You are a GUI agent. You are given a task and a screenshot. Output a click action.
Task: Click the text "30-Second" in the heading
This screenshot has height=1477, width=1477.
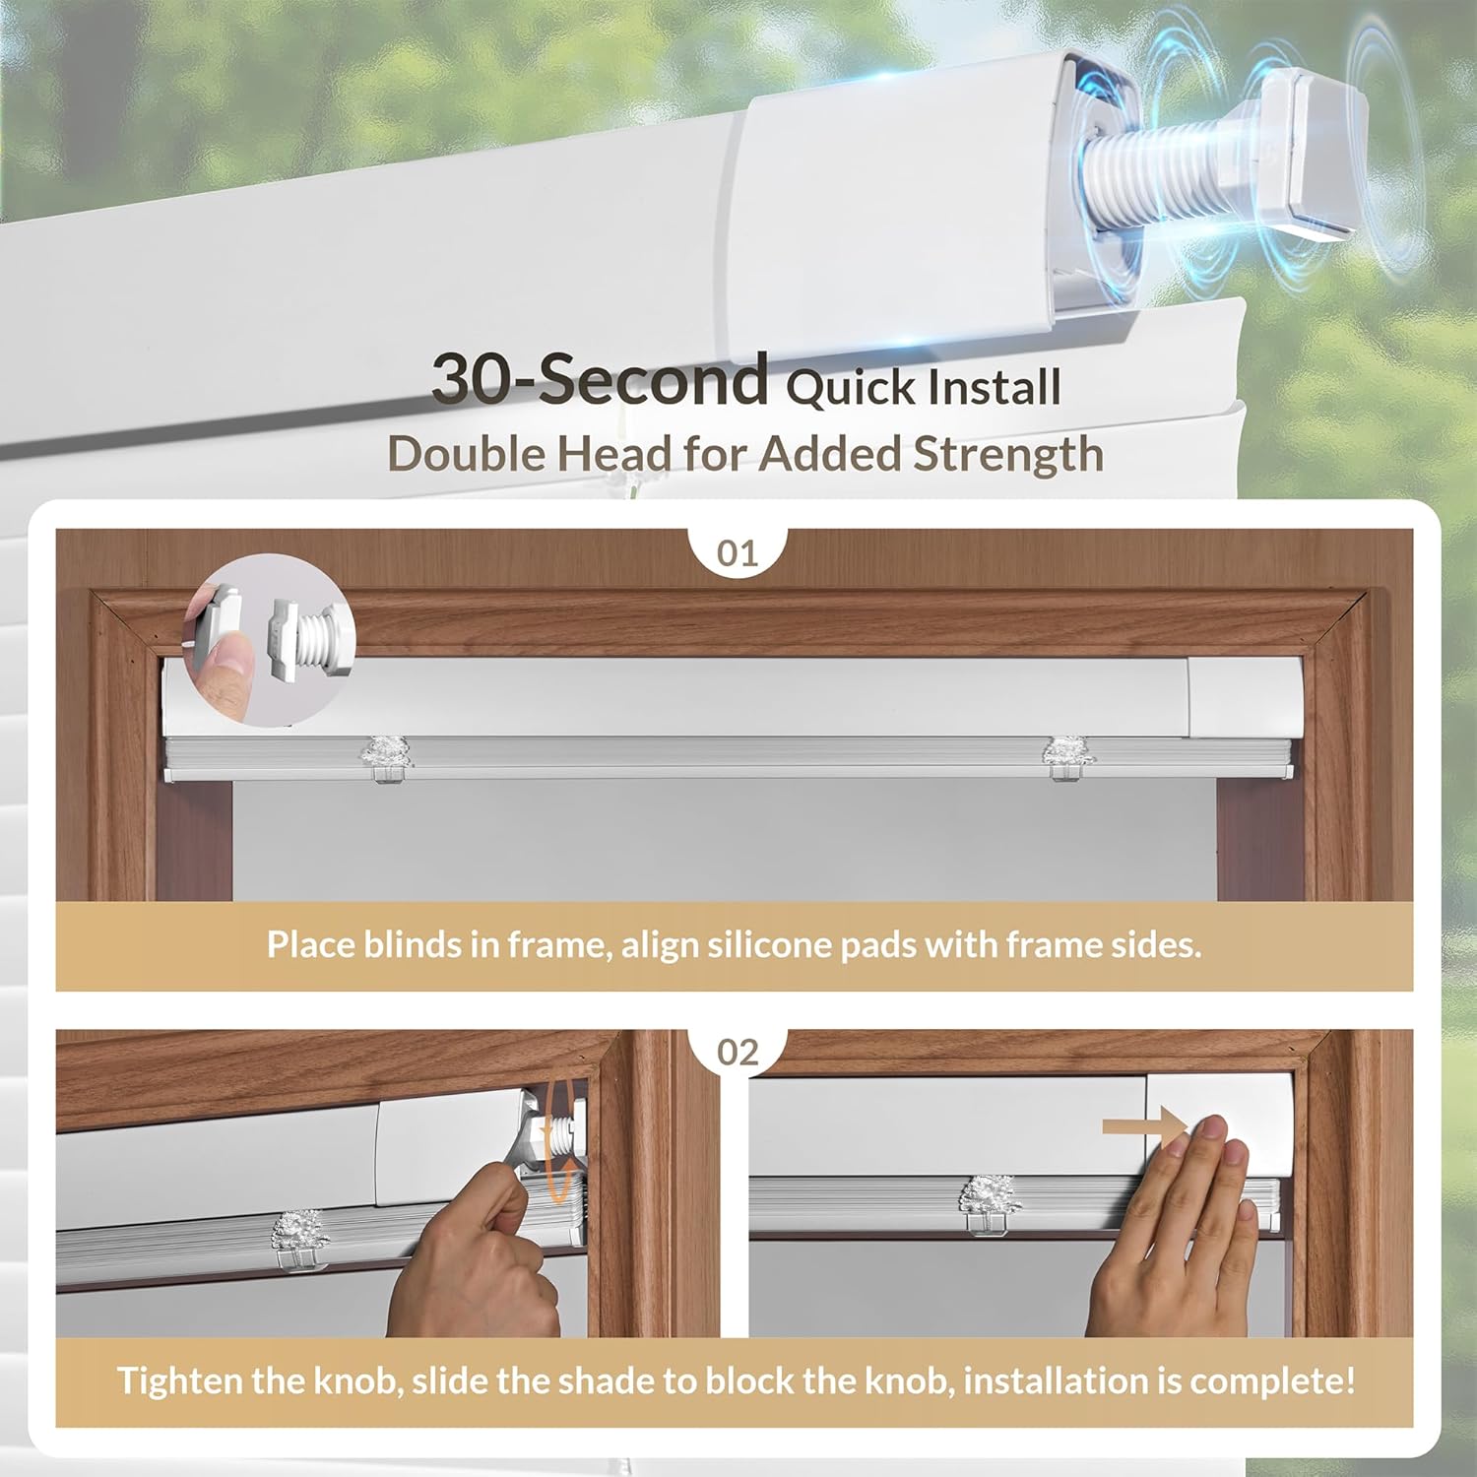pyautogui.click(x=600, y=379)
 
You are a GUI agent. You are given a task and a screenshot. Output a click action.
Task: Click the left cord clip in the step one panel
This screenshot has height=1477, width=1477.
pyautogui.click(x=383, y=757)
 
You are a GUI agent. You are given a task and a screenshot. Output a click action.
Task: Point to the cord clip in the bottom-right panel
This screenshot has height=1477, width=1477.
pyautogui.click(x=990, y=1204)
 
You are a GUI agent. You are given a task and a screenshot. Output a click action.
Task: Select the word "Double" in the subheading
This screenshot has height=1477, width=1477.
pyautogui.click(x=466, y=455)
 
